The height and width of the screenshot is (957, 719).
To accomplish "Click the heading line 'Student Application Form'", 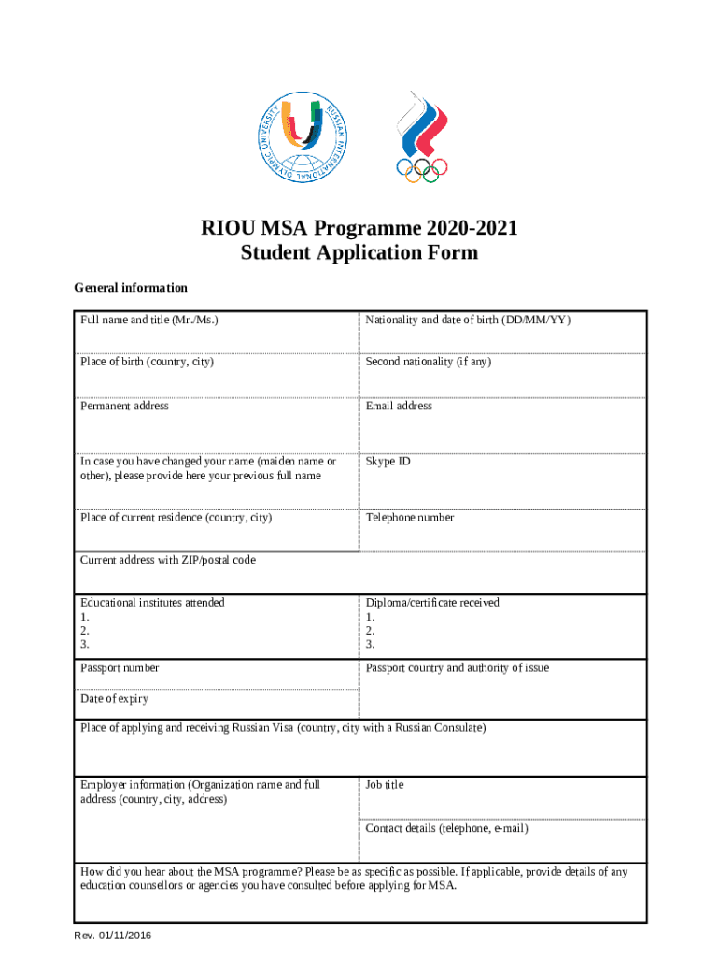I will pos(359,253).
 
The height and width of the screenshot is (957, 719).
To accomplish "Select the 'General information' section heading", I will pos(131,288).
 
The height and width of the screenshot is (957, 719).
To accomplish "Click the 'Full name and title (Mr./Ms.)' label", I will pos(149,321).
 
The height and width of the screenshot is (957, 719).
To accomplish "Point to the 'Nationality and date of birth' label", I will pos(468,321).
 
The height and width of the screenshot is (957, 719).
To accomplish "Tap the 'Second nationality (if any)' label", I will pos(428,362).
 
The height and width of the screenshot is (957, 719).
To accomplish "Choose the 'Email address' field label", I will pos(399,407).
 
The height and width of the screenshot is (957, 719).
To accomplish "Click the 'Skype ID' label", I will pos(388,462).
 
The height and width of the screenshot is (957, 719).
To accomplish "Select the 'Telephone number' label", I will pos(410,518).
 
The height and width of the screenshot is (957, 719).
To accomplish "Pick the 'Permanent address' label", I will pos(124,407).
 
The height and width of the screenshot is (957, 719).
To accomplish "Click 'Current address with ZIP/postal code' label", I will pos(167,560).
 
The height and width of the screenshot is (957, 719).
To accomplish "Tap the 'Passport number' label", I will pos(120,668).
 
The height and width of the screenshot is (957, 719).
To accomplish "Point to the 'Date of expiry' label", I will pos(114,699).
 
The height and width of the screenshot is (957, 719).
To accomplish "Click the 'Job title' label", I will pos(385,785).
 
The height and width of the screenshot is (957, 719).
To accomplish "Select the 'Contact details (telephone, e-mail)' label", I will pos(446,829).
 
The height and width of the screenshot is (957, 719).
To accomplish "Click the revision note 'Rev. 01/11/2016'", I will pos(113,936).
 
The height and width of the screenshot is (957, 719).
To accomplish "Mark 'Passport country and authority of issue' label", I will pos(458,668).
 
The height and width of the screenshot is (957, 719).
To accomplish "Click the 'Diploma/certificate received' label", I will pos(432,603).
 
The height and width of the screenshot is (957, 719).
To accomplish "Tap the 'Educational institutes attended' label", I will pos(152,603).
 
